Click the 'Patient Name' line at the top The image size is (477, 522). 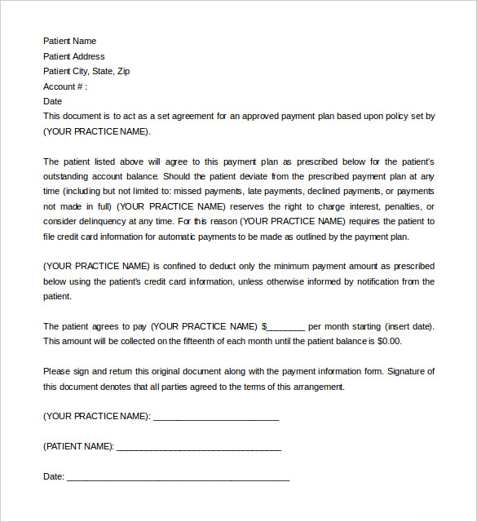coord(69,41)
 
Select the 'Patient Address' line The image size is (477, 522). coord(73,56)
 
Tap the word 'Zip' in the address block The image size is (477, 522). coord(123,71)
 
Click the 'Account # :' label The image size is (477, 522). coord(64,86)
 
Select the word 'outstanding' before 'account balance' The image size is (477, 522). coord(68,176)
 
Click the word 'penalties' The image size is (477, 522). coord(400,206)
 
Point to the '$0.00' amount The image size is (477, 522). coord(388,341)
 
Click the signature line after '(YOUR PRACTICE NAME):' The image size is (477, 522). coord(216,417)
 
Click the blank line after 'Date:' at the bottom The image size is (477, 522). coord(178,477)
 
